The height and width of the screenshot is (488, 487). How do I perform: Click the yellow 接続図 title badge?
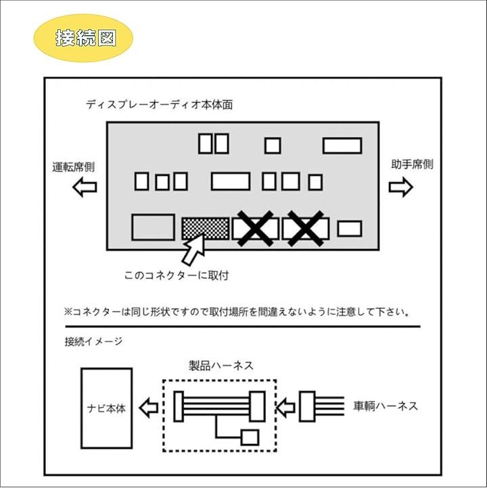coord(83,37)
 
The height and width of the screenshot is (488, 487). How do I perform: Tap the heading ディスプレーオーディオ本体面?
coord(160,105)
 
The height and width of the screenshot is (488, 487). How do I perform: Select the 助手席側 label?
coord(412,164)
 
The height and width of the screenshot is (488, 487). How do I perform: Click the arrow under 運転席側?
coord(85,187)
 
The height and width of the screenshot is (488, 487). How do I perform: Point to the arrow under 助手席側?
coord(401,187)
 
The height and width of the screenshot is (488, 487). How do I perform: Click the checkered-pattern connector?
coord(204,228)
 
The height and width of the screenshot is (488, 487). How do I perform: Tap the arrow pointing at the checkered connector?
coord(193,250)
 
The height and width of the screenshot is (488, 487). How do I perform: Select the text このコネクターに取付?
coord(172,275)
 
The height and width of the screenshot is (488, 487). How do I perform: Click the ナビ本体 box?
coord(106,408)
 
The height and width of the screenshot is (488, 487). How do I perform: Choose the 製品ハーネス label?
coord(221,365)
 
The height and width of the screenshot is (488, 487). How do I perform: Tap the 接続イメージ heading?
coord(93,342)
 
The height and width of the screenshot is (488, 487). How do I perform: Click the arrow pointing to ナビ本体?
coord(148,407)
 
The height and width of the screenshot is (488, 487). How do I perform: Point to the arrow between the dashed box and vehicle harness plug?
coord(287,407)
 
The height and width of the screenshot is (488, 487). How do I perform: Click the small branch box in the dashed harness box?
coord(250,437)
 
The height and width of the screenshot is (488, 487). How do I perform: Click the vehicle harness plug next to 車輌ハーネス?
coord(307,407)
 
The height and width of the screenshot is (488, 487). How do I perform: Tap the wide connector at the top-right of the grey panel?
coord(342,146)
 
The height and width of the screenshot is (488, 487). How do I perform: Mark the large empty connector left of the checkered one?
coord(152,227)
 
